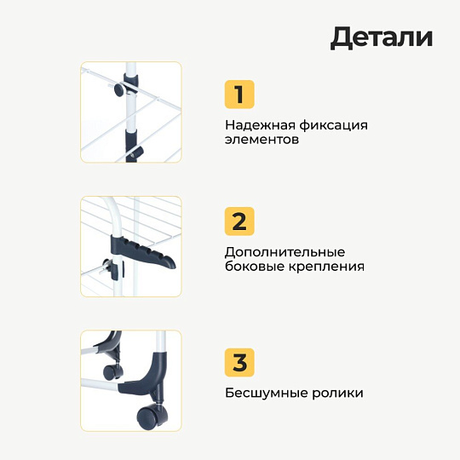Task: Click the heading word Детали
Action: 382,37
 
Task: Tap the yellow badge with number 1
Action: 239,94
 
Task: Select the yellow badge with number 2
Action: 239,221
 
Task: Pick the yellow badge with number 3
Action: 239,362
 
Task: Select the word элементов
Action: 262,139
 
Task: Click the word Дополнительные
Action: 285,253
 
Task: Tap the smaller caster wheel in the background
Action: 110,372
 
